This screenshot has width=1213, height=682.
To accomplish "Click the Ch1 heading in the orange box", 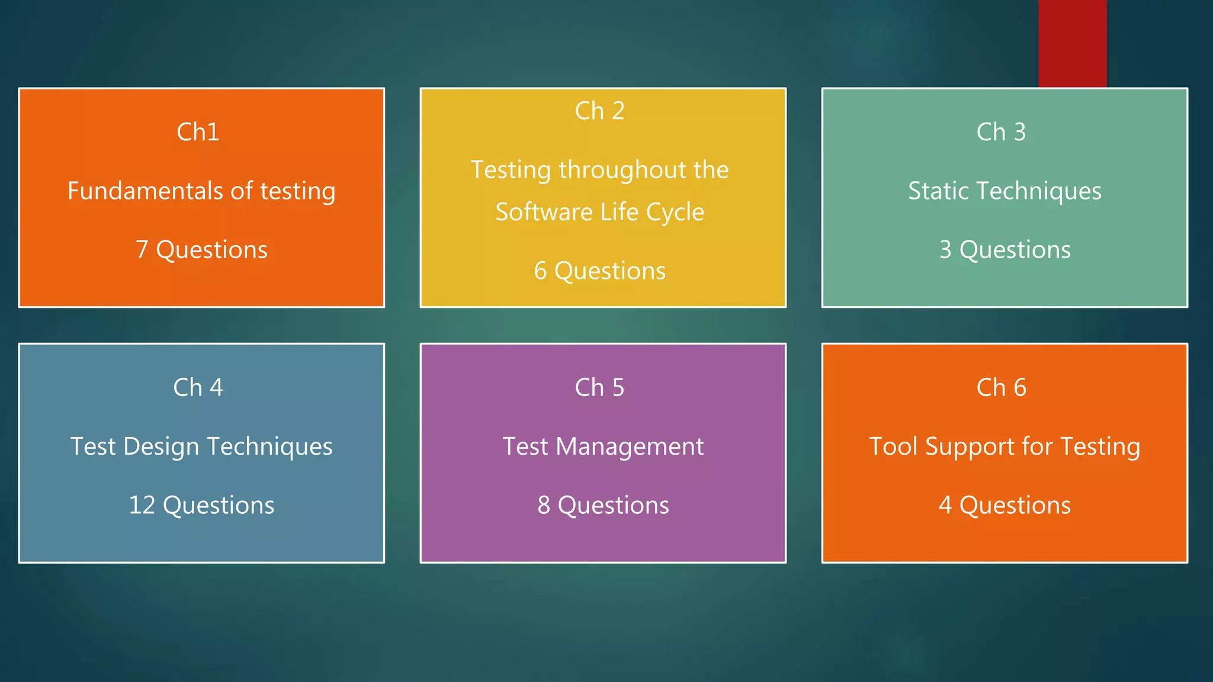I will tap(198, 132).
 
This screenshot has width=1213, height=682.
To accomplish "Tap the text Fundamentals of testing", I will tap(201, 191).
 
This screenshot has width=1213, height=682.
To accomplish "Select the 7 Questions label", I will tap(201, 250).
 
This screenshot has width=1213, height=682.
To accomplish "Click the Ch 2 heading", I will tap(599, 111).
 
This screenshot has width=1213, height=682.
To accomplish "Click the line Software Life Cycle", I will tap(599, 212).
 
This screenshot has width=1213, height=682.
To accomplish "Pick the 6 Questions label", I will tap(599, 271).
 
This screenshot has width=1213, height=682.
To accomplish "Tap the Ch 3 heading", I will tap(1001, 132).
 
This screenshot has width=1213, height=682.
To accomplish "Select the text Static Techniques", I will tap(1005, 191).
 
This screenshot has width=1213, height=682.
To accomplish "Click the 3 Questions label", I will tap(1005, 250).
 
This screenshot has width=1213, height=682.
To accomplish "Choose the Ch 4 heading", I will tap(198, 388).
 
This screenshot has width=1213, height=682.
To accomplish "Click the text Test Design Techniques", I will tap(201, 446).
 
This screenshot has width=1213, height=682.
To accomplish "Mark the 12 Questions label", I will tap(201, 506).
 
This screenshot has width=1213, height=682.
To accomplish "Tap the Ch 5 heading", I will tap(599, 388).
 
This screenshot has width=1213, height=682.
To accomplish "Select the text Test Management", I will tap(603, 446).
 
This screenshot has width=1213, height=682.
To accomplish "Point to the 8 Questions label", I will tap(603, 506).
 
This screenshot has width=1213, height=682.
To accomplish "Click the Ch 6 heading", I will tap(1001, 388).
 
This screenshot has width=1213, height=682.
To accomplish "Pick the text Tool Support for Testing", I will tap(1005, 446).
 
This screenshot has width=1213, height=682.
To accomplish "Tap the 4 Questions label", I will tap(1005, 506).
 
